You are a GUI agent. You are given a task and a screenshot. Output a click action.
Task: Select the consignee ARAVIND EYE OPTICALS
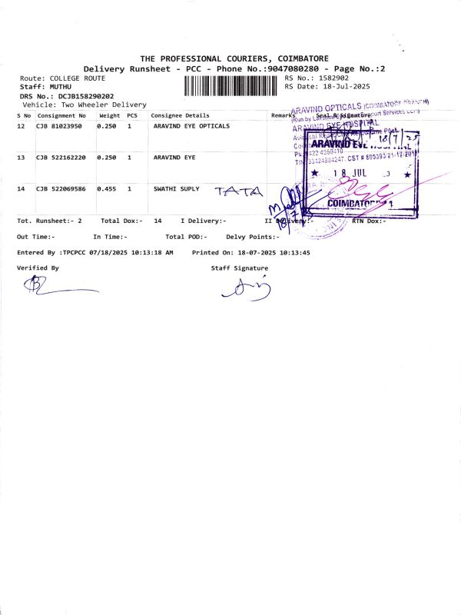coord(191,125)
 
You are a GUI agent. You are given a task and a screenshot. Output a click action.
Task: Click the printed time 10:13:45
coord(295,252)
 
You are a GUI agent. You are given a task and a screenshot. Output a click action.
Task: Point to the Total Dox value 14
coord(158,221)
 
